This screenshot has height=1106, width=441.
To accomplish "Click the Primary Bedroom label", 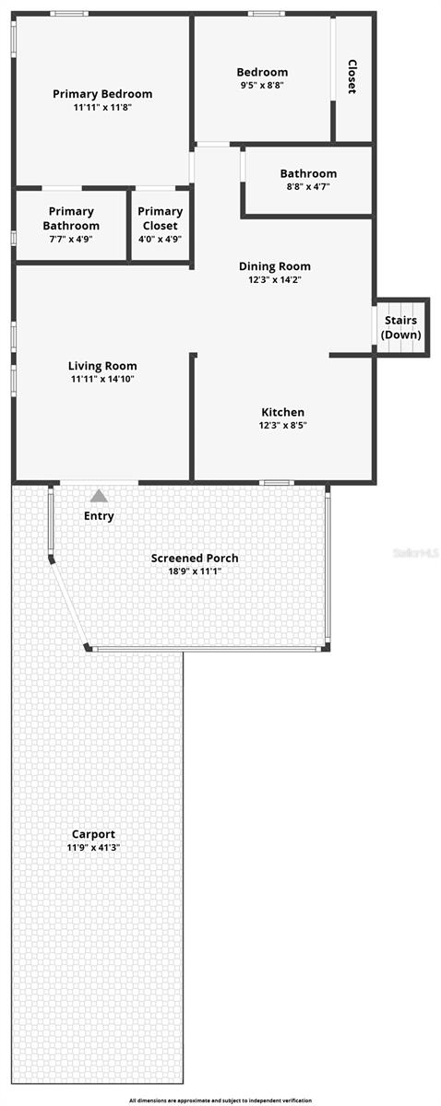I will (102, 94).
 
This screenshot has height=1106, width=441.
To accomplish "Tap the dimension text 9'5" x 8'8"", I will (262, 85).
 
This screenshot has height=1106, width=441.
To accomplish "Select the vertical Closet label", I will (352, 77).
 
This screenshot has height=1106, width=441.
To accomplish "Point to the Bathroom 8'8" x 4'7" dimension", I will (308, 186).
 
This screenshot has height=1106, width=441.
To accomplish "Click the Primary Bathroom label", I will (71, 218).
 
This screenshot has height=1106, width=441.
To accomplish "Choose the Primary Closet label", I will (160, 218).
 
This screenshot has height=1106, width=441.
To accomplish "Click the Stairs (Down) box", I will (400, 327).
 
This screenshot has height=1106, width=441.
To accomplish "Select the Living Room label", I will (102, 366).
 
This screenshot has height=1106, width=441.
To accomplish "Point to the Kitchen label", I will (282, 412).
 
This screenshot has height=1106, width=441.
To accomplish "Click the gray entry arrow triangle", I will (99, 496).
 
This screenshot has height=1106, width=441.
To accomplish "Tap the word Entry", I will (99, 516).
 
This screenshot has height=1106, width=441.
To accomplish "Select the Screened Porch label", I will (195, 558).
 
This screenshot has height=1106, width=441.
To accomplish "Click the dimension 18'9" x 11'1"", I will (195, 571).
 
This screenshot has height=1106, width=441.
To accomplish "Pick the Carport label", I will (93, 834).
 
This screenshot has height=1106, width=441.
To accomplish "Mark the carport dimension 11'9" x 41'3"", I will (93, 847).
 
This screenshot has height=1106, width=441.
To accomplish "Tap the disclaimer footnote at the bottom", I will (220, 1100).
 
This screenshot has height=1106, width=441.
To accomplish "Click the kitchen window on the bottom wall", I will (276, 482).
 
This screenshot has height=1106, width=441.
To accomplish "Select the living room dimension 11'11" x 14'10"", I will (102, 379).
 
